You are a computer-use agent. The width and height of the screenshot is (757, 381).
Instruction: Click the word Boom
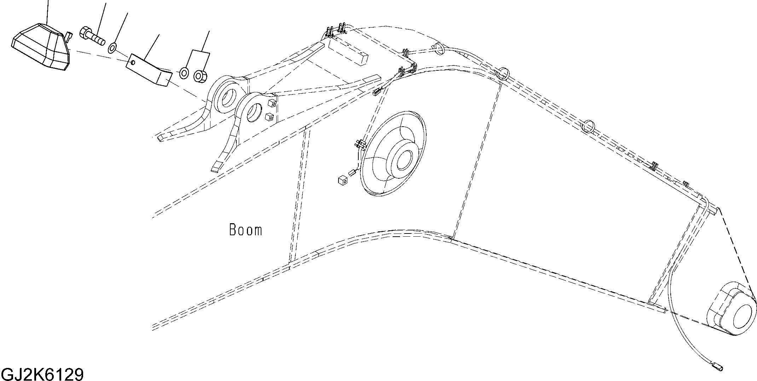(x=245, y=230)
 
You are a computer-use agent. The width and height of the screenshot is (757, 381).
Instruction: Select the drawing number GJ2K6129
(x=42, y=374)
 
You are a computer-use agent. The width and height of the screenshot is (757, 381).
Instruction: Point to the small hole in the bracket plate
(x=132, y=63)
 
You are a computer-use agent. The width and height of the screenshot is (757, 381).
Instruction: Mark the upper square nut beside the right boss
(x=272, y=104)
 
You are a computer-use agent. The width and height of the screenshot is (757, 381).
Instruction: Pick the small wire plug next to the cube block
(x=353, y=173)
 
